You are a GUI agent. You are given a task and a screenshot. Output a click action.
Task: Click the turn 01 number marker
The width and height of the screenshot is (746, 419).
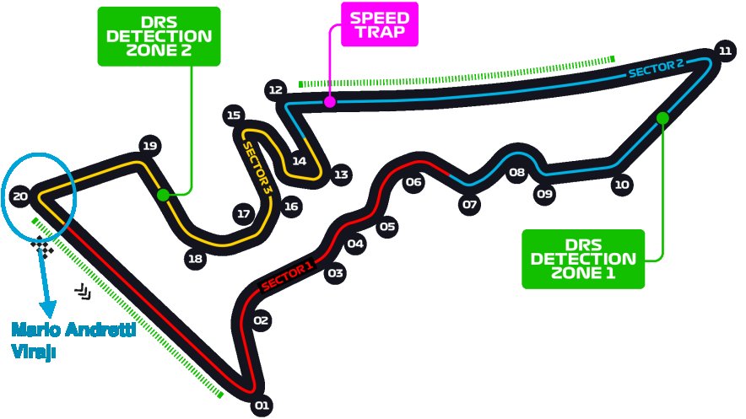point(261,406)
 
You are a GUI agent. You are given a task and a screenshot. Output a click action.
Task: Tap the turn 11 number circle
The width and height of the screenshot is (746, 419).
point(725,51)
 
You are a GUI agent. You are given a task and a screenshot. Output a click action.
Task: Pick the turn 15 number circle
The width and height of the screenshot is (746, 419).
point(235,115)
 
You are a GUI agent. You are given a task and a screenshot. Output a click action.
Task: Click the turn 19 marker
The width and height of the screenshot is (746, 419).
point(150,146)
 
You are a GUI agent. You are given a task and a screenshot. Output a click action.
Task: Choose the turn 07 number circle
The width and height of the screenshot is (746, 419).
point(470,204)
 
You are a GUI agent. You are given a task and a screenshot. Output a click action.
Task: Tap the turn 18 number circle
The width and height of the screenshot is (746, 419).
point(196,259)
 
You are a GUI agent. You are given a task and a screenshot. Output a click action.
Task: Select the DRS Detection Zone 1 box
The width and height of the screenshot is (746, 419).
point(582,259)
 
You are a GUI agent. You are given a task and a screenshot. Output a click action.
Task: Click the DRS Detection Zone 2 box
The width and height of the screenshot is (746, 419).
point(159,36)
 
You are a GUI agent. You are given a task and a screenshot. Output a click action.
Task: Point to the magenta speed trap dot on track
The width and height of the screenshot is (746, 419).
point(330,102)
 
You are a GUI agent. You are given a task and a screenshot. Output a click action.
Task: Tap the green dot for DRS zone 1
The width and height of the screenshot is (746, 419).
point(662,118)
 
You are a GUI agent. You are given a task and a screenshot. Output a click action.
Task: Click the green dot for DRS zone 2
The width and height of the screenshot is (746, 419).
point(163,196)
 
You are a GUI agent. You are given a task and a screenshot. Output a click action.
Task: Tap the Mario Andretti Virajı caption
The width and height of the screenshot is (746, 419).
point(73,339)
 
